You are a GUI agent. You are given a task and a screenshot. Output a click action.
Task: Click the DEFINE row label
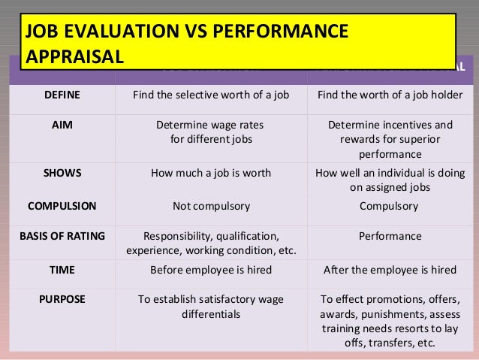pos(62,95)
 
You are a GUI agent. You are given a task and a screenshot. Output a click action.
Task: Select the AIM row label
pos(62,126)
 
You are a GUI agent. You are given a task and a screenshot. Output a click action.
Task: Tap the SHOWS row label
pos(62,172)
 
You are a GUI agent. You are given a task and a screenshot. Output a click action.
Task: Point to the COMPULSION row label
pos(62,204)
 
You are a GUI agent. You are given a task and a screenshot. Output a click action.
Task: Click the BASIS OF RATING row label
pos(62,236)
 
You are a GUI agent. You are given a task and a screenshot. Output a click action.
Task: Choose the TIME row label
pos(62,268)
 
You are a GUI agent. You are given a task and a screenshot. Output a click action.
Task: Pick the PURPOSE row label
pos(62,298)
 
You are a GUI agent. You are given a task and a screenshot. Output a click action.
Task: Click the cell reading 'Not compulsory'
pos(211,204)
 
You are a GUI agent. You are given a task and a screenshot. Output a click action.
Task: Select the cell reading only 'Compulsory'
pos(390,204)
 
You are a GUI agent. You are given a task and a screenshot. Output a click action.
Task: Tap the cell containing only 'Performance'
pos(390,236)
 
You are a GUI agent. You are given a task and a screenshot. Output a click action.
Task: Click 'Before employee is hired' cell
pos(211,268)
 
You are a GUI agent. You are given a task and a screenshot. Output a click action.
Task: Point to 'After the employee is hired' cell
pos(390,268)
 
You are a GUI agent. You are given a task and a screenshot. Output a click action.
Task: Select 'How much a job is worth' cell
pos(211,172)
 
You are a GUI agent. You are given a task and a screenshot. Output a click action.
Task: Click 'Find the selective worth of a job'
pos(211,95)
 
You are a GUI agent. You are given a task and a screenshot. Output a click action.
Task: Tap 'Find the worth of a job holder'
pos(390,95)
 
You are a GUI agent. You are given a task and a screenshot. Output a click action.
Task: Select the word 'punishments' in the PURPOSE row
pos(392,314)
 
